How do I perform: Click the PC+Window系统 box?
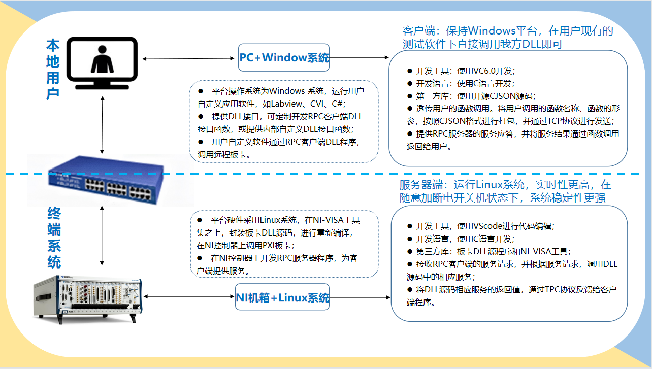pos(284,57)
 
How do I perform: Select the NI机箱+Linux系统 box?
pos(282,298)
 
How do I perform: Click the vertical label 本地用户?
pos(52,70)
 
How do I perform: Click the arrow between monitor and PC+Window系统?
pos(190,58)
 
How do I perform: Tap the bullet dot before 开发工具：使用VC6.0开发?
pos(410,71)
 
